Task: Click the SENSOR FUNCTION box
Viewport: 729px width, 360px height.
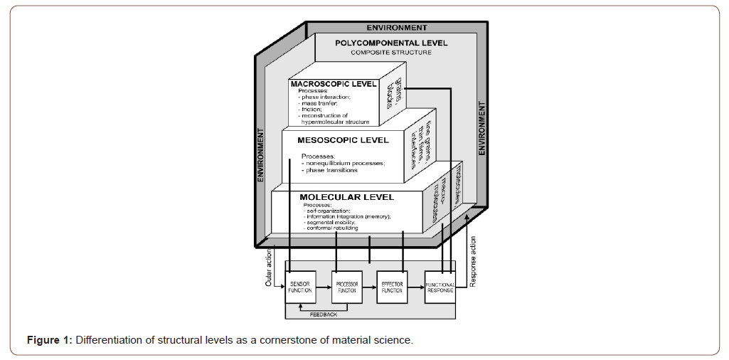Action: [x=300, y=287]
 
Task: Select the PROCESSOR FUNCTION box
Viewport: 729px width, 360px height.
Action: [x=346, y=287]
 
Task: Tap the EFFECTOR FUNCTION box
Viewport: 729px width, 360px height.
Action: [x=392, y=287]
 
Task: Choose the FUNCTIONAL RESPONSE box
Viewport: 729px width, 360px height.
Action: [x=440, y=287]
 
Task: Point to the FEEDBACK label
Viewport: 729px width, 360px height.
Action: [x=324, y=314]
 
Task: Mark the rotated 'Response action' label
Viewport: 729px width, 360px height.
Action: [x=474, y=263]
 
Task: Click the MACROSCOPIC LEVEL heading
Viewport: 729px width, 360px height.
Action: [x=334, y=85]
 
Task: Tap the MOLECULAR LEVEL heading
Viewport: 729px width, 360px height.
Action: [x=346, y=196]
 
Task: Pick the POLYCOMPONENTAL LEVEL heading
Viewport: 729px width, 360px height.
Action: [x=391, y=43]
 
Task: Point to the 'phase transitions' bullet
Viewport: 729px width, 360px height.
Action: [x=331, y=171]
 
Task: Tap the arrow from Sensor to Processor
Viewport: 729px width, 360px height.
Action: [x=323, y=287]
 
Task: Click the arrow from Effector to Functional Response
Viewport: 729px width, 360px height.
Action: [x=415, y=287]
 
